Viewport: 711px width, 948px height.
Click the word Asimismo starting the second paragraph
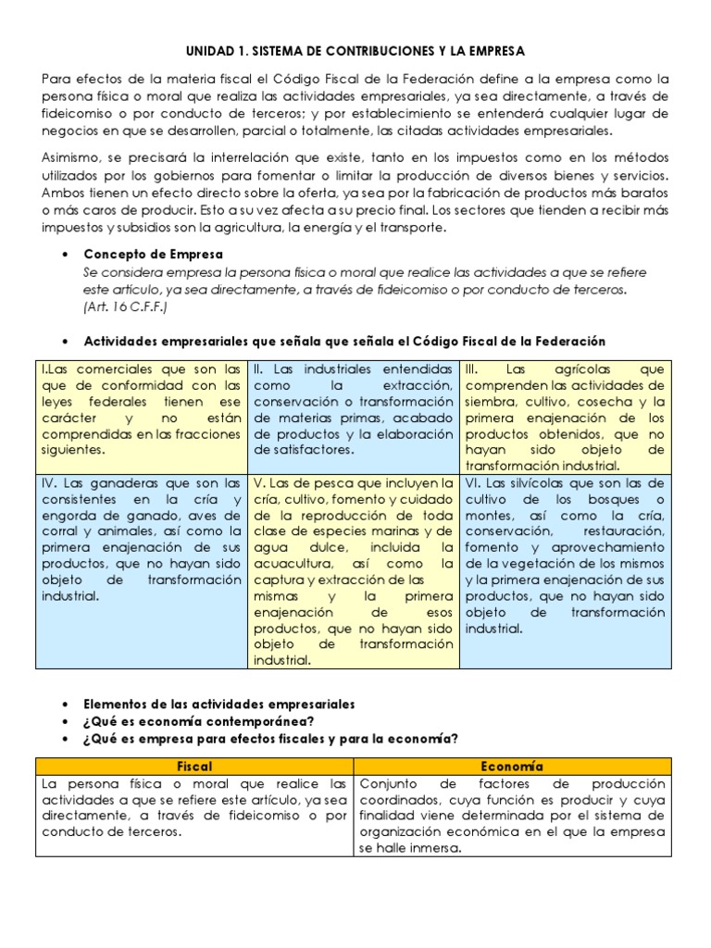(73, 158)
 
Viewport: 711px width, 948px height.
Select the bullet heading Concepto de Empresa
(153, 254)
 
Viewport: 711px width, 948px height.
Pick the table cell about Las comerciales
(142, 409)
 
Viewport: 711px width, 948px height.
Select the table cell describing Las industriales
(354, 409)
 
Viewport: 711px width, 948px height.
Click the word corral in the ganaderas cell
(61, 531)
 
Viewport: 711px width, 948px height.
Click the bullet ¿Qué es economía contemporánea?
(198, 721)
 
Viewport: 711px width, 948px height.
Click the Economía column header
(512, 767)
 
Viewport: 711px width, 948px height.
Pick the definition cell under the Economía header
(512, 816)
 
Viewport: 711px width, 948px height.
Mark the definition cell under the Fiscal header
(194, 807)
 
